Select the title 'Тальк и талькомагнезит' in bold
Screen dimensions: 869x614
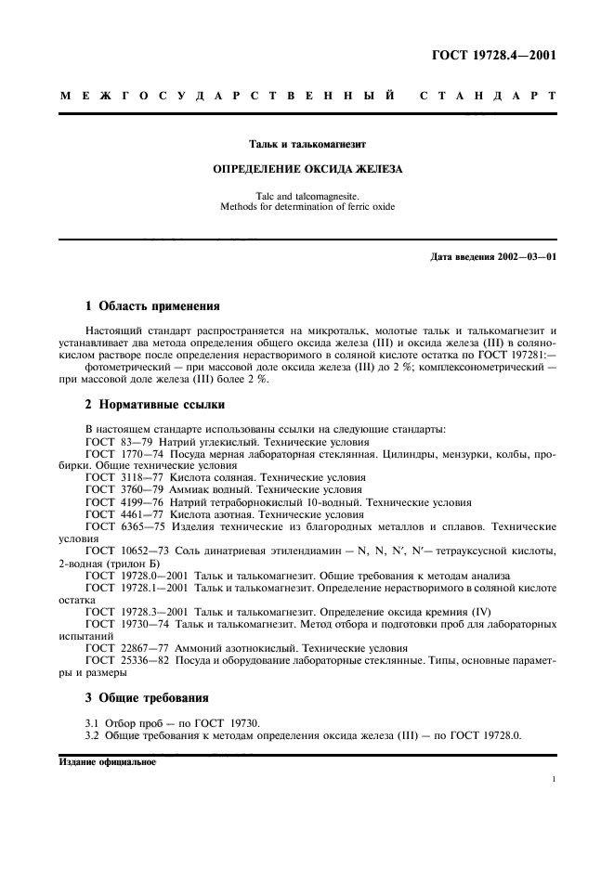pyautogui.click(x=307, y=145)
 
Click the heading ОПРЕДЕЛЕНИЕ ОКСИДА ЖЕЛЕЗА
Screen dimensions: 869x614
pyautogui.click(x=307, y=170)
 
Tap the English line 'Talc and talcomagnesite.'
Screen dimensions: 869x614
pyautogui.click(x=307, y=196)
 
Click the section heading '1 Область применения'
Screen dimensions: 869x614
pyautogui.click(x=152, y=305)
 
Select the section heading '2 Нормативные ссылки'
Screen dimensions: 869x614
pyautogui.click(x=154, y=405)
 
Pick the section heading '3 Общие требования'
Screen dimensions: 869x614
pyautogui.click(x=147, y=697)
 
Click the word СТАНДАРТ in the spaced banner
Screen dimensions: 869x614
pyautogui.click(x=489, y=96)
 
